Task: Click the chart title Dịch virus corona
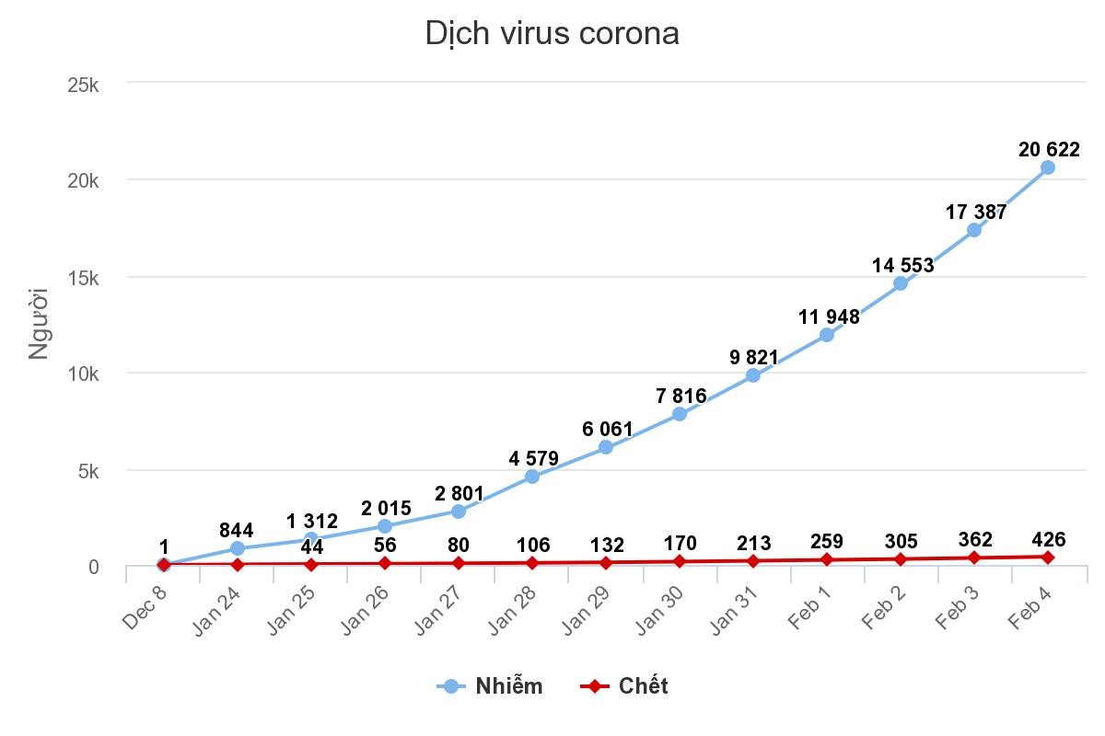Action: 552,34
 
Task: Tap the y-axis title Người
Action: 38,323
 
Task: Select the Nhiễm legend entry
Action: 490,686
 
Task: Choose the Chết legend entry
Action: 624,686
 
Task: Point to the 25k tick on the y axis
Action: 84,85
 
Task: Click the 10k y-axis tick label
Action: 84,374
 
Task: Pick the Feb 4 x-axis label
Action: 1030,607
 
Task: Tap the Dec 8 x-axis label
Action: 145,607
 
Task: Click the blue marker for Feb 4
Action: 1048,167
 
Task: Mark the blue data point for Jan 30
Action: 680,414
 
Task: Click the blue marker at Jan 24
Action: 238,548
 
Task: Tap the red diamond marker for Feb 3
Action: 974,558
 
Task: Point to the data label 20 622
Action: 1049,149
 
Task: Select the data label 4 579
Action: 533,458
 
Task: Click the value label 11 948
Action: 829,317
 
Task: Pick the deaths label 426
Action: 1049,539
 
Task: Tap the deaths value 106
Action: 533,545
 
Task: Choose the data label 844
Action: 237,531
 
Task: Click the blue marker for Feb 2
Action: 901,283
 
